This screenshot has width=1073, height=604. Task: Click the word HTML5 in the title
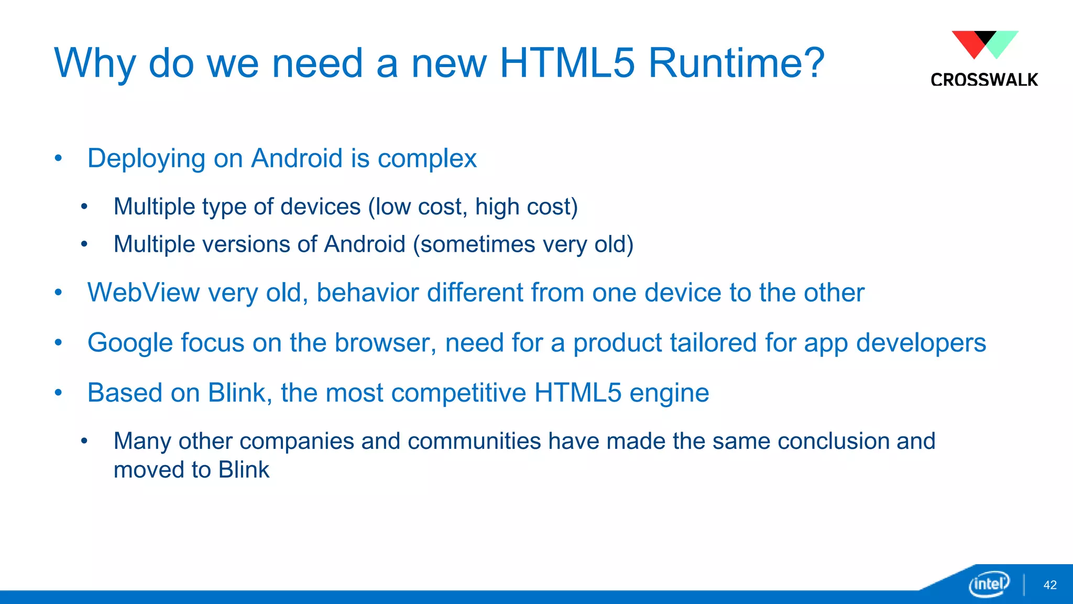point(567,63)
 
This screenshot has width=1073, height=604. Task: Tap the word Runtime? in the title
point(736,63)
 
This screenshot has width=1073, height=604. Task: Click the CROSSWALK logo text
point(984,80)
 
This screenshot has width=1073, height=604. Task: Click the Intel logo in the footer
point(989,584)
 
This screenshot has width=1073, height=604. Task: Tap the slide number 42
point(1050,585)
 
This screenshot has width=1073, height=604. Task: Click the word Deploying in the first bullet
point(146,159)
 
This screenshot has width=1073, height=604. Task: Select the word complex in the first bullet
point(427,159)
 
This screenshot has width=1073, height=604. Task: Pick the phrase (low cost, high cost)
point(473,207)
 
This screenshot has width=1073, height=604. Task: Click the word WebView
point(143,293)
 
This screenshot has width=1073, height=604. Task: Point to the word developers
point(921,343)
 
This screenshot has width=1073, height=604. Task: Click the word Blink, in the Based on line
point(240,393)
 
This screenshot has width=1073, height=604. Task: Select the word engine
point(669,393)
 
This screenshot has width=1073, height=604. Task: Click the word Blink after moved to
point(244,470)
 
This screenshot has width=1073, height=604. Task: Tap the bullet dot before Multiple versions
point(84,244)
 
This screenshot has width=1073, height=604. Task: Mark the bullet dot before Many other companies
point(84,441)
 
